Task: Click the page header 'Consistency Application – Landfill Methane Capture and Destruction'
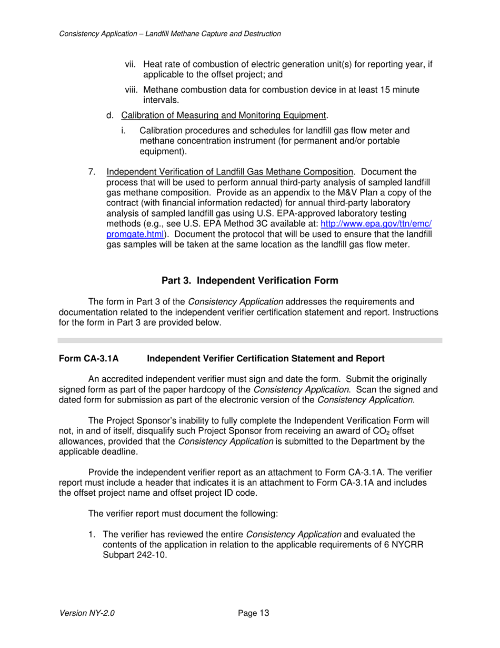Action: point(170,34)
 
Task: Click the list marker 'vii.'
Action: point(131,64)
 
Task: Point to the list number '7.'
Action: point(92,172)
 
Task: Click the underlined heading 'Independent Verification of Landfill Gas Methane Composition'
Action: point(229,172)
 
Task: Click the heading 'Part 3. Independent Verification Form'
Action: point(249,281)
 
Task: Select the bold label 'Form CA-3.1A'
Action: point(88,359)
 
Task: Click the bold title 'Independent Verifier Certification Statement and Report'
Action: point(265,359)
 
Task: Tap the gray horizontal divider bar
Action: point(249,341)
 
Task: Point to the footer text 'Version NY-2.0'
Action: point(87,613)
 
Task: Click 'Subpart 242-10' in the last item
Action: point(135,555)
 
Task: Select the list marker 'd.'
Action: point(109,115)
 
